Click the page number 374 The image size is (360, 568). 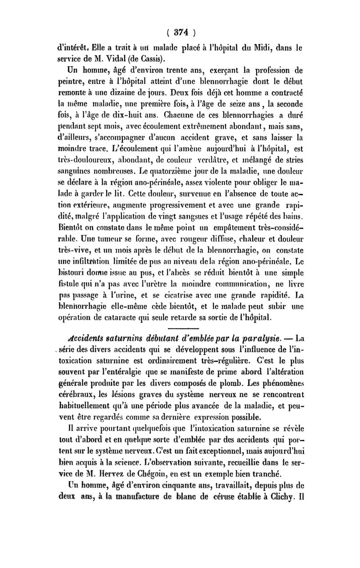pos(180,32)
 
